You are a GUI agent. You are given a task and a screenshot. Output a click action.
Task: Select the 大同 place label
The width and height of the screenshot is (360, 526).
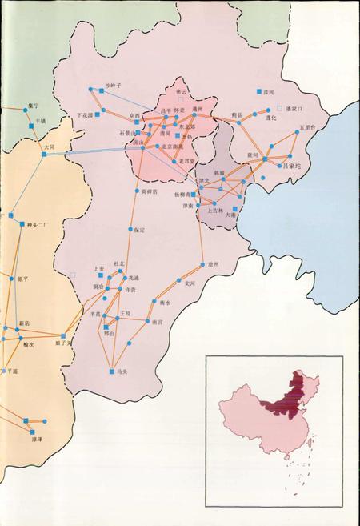coord(49,147)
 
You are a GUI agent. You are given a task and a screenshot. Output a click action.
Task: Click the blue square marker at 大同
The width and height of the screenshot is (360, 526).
coord(44,154)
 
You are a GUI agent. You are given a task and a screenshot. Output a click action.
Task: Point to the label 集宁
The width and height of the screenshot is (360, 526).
coord(31,105)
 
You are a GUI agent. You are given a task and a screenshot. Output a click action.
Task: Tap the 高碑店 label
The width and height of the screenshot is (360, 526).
coord(150,192)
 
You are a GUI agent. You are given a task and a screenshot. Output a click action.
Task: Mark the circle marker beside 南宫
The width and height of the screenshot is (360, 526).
coord(147,322)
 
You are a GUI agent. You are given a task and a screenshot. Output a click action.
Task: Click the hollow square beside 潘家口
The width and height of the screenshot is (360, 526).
coord(279,107)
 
